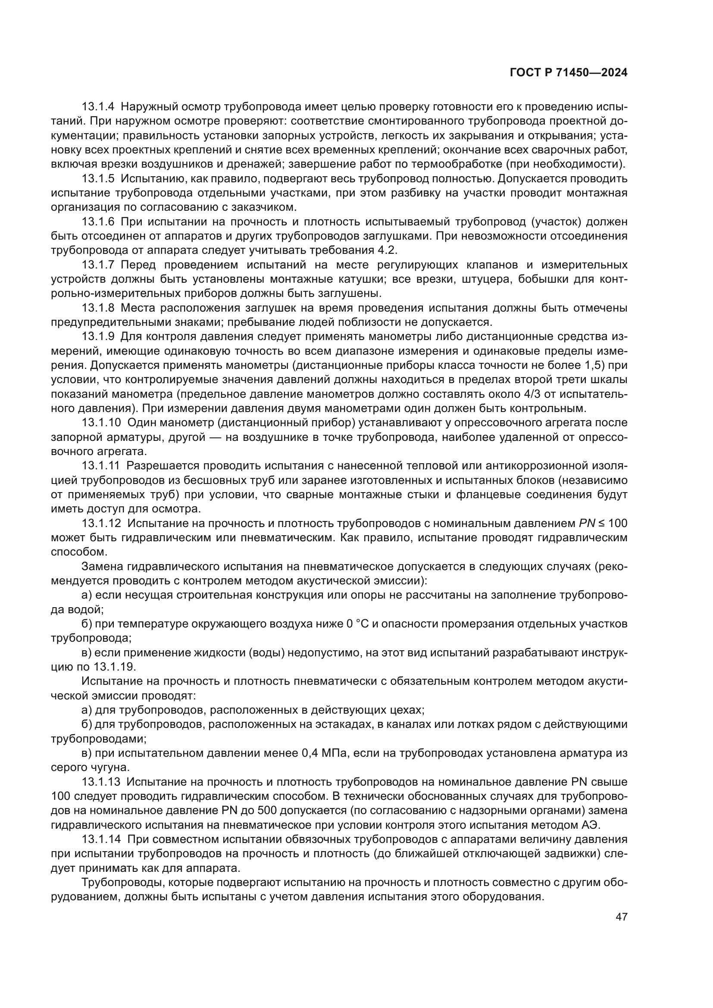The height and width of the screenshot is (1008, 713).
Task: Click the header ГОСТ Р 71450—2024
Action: pyautogui.click(x=568, y=73)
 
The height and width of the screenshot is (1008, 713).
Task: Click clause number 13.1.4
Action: pyautogui.click(x=98, y=107)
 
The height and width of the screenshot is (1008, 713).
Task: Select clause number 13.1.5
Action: pyautogui.click(x=98, y=179)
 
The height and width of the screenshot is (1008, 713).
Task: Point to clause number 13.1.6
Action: pyautogui.click(x=98, y=222)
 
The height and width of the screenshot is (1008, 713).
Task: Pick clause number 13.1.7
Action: pyautogui.click(x=98, y=265)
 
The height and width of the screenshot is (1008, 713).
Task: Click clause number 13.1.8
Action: pyautogui.click(x=98, y=308)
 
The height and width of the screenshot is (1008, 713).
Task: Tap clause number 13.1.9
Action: pyautogui.click(x=98, y=337)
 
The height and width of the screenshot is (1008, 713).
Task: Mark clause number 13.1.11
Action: pyautogui.click(x=100, y=466)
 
